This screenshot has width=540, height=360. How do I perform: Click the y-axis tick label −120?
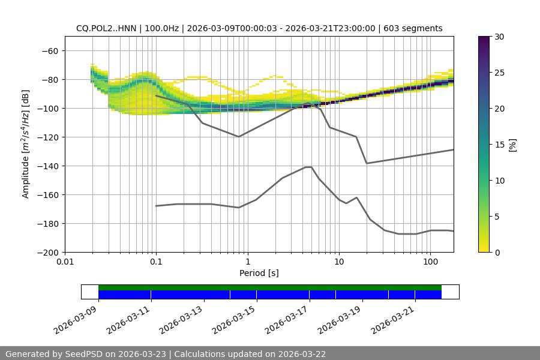pos(49,137)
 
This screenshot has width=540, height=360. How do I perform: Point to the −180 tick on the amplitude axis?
pos(49,223)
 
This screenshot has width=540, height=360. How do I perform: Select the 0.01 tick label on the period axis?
pos(65,262)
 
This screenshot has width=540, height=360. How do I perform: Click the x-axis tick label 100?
pos(430,262)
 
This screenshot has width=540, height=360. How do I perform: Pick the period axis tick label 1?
pos(247,262)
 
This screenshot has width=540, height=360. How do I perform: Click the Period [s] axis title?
pos(259,273)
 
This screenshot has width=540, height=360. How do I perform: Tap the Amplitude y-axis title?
pos(26,144)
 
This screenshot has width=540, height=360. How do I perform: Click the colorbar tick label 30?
pos(499,37)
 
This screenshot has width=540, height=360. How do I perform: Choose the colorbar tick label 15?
pos(499,145)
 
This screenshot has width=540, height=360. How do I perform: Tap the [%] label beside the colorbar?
pos(512,145)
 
